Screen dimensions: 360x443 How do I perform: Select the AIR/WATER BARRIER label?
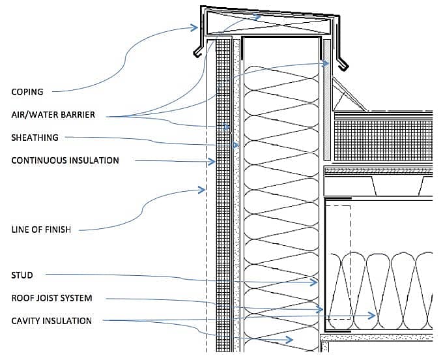tap(53, 115)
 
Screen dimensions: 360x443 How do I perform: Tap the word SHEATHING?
tap(35, 138)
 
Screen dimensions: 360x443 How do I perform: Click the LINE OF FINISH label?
tap(41, 229)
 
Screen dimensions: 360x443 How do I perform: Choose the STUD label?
tap(22, 275)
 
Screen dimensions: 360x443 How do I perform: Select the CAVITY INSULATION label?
tap(51, 321)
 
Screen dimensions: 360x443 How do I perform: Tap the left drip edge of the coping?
tap(196, 53)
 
